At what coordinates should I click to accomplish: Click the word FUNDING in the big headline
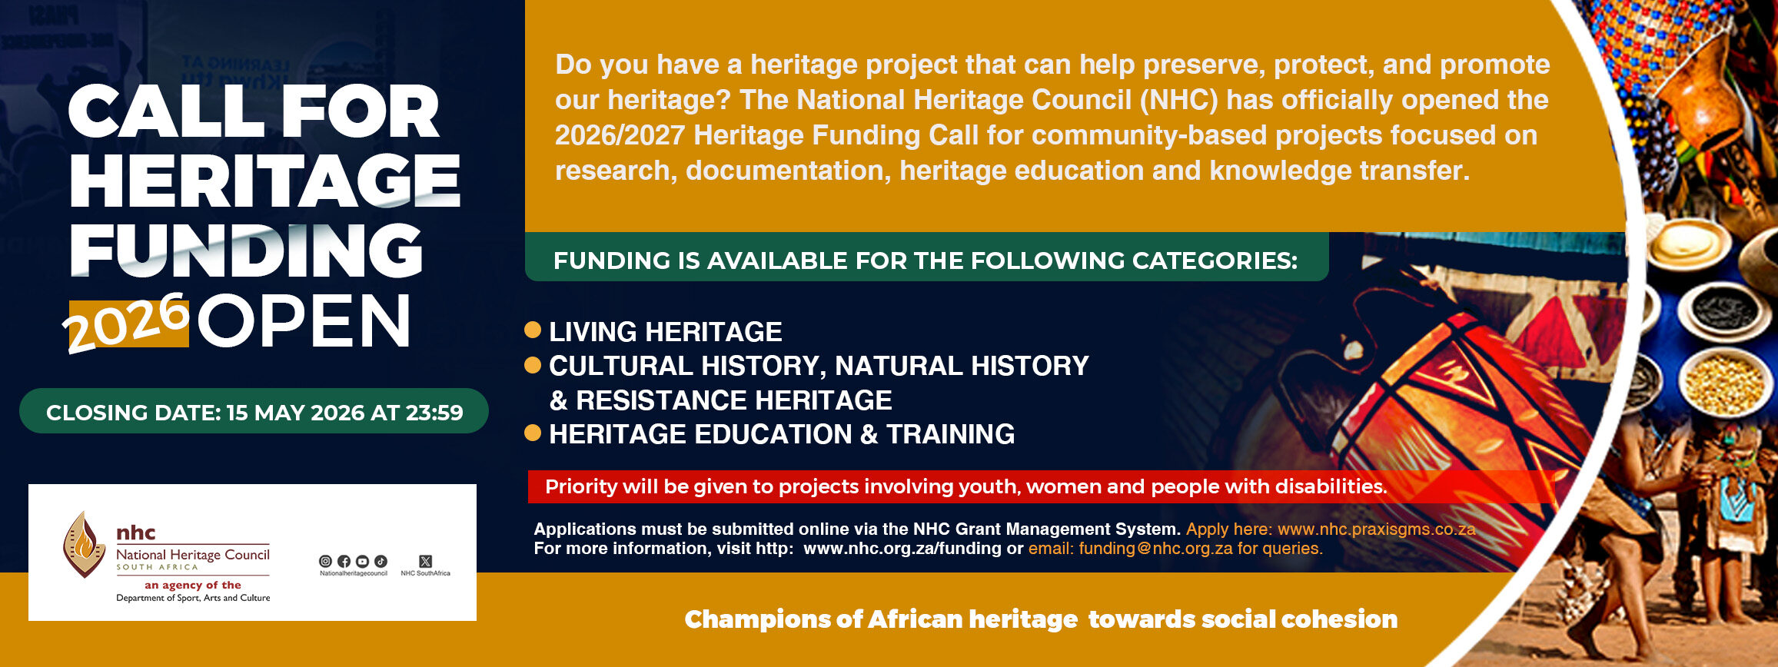click(x=246, y=251)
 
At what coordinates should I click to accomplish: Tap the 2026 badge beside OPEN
click(x=127, y=322)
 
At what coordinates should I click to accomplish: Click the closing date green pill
click(x=254, y=411)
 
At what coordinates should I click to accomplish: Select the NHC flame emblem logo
click(x=84, y=544)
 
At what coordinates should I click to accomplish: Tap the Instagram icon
click(x=325, y=562)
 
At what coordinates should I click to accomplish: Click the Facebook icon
click(x=344, y=562)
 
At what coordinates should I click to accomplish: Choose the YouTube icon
click(x=362, y=562)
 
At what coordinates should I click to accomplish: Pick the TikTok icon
click(x=381, y=562)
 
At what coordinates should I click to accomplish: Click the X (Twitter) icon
click(x=426, y=562)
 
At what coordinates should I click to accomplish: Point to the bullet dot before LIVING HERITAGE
click(x=533, y=330)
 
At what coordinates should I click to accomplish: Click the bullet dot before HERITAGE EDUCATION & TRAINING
click(x=533, y=433)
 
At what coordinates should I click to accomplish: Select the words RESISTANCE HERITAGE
click(x=734, y=400)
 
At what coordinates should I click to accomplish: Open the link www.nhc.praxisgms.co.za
click(x=1376, y=529)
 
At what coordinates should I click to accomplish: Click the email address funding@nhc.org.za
click(x=1155, y=549)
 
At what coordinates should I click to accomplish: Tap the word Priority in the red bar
click(x=581, y=486)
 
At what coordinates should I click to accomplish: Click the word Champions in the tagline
click(x=766, y=619)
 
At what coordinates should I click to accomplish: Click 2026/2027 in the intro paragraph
click(x=620, y=135)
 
